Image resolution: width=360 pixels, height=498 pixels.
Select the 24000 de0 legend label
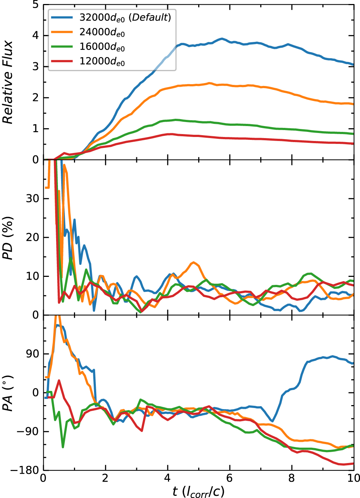tap(102, 32)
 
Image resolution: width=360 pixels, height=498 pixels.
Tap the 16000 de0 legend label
tap(102, 47)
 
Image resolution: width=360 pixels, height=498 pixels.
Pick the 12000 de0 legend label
tap(102, 62)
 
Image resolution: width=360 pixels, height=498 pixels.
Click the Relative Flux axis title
tap(8, 82)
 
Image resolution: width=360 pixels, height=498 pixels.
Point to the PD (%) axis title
tap(8, 238)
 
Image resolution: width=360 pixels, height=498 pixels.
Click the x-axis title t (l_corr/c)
tap(199, 491)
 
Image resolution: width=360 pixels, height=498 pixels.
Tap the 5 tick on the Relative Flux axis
tap(35, 5)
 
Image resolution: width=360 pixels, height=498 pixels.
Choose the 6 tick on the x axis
tap(230, 478)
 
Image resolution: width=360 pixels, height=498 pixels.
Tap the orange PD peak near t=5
tap(193, 262)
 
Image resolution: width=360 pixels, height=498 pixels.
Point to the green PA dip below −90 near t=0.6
tap(63, 447)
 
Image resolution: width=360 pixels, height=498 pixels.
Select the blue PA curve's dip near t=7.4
tap(272, 421)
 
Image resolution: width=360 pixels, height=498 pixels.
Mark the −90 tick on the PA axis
tap(30, 432)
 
